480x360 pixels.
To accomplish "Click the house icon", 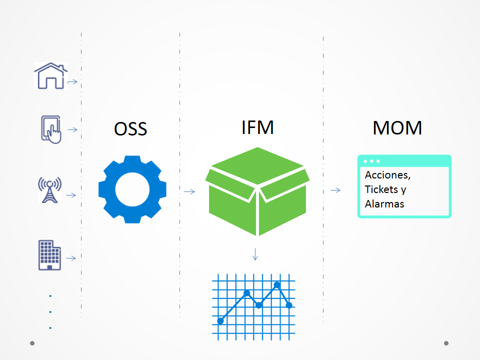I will (x=50, y=76).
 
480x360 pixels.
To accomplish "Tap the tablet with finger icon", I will (x=51, y=129).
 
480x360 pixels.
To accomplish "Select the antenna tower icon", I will (x=49, y=190).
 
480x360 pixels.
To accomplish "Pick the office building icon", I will (x=49, y=255).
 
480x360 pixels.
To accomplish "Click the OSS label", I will (x=130, y=129).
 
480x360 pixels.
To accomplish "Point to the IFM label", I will (x=257, y=127).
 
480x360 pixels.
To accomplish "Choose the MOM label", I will (x=397, y=128).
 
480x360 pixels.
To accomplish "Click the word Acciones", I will (x=388, y=175).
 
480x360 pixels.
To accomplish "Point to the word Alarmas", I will (x=384, y=204).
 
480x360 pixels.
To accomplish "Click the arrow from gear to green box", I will (x=189, y=191).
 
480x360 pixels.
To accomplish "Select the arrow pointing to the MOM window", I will (x=335, y=190).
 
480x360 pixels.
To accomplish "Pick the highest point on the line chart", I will (x=277, y=285).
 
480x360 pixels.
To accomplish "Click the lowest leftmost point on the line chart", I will (x=220, y=321).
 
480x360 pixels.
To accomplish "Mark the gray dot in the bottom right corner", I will (x=446, y=343).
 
